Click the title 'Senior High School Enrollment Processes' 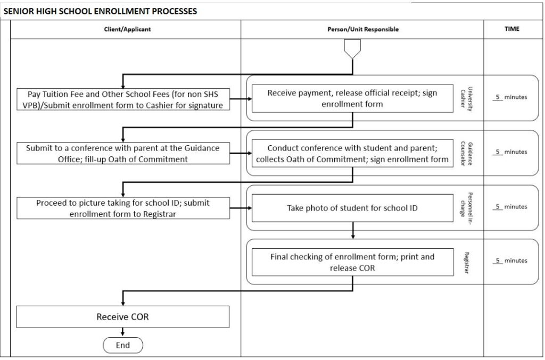(x=100, y=11)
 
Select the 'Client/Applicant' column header (x=127, y=29)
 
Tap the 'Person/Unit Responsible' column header (x=362, y=29)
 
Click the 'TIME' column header (x=511, y=29)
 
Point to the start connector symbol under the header (x=352, y=49)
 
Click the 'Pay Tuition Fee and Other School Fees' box (x=123, y=99)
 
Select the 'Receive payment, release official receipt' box (x=352, y=98)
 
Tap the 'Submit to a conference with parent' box (x=123, y=153)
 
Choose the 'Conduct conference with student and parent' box (x=352, y=153)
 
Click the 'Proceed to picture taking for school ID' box (x=123, y=208)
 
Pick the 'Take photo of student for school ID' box (x=352, y=208)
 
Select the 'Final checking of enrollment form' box (x=352, y=262)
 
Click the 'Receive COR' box (x=123, y=316)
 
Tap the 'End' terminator (x=123, y=345)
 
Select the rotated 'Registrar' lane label (x=466, y=262)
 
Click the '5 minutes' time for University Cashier (x=509, y=97)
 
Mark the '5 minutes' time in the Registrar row (x=509, y=261)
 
